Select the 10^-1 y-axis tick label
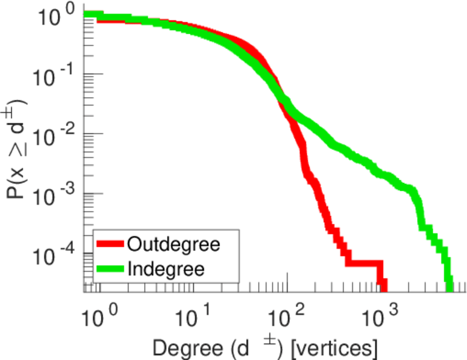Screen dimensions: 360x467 [58, 77]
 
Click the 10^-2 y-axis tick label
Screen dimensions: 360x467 [58, 136]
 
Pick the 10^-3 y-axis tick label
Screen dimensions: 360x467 [58, 196]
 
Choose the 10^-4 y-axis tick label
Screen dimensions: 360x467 [58, 256]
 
